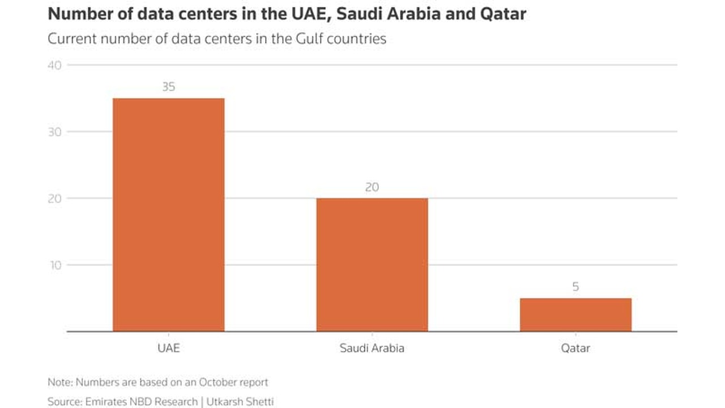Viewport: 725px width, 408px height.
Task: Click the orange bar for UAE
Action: click(x=168, y=215)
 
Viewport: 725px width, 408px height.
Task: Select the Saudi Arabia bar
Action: click(x=372, y=265)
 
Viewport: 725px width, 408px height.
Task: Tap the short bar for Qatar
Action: click(x=575, y=314)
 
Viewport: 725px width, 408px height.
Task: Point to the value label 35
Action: click(x=168, y=87)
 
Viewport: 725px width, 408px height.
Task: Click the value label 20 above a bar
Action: click(x=372, y=187)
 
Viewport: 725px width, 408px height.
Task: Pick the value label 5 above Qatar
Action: click(x=575, y=287)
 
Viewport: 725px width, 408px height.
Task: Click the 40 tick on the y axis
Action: click(x=54, y=65)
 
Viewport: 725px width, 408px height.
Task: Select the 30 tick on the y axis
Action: click(x=54, y=132)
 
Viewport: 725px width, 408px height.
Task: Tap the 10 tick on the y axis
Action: click(x=54, y=265)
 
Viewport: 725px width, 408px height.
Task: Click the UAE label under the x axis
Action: click(x=168, y=348)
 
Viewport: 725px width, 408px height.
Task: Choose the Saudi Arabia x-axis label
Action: click(x=372, y=348)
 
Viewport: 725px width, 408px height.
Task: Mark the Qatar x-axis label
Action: click(x=575, y=348)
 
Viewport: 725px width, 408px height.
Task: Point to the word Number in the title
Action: click(x=75, y=14)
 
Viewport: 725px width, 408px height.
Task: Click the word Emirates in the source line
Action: click(x=106, y=402)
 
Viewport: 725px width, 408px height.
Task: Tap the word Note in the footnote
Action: click(x=59, y=382)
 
